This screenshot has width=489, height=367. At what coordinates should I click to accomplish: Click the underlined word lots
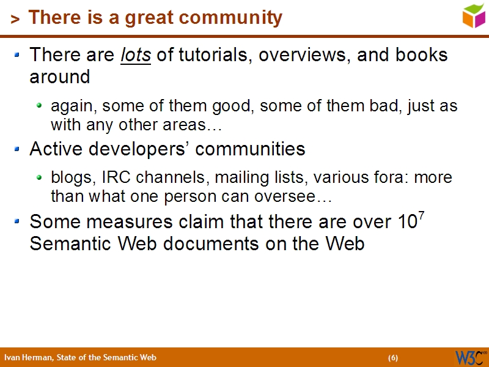point(136,55)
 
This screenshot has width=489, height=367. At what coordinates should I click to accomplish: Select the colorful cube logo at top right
point(474,15)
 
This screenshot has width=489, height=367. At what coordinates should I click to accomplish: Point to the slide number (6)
point(393,358)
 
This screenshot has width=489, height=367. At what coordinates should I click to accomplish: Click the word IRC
point(114,178)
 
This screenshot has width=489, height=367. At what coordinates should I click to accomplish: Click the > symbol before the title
point(15,20)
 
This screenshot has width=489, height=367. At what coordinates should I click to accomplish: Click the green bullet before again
point(40,106)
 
